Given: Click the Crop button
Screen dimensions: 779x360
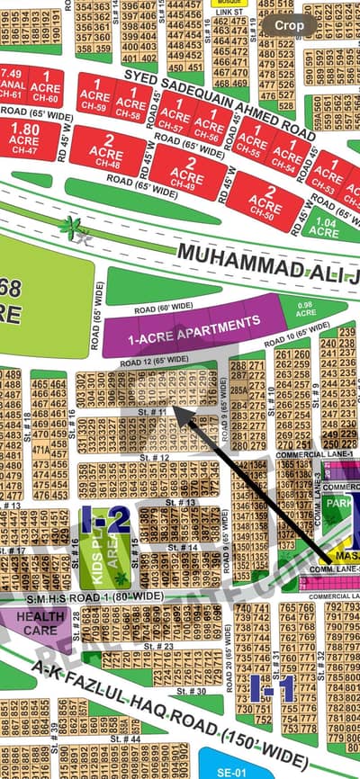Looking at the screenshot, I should tap(289, 26).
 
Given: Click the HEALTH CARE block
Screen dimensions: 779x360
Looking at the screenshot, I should tap(40, 623).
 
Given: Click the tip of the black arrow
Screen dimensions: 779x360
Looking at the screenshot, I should tap(174, 411).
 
